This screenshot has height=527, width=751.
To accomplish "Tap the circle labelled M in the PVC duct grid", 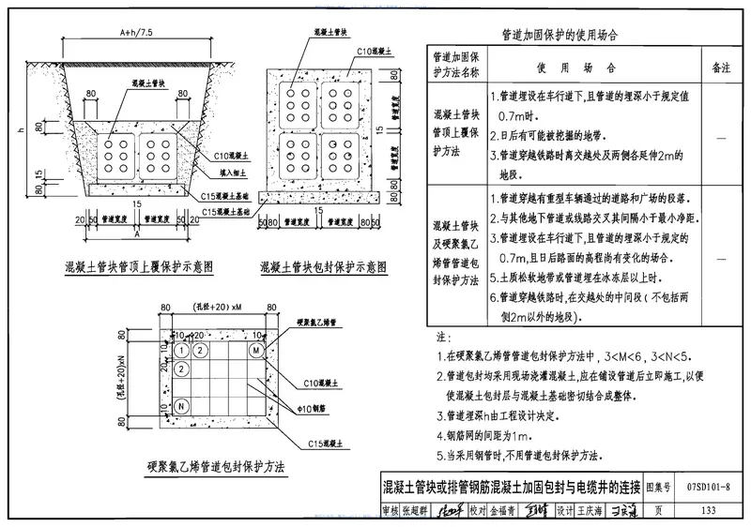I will (x=255, y=350).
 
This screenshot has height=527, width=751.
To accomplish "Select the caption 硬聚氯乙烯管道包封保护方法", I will (x=215, y=466).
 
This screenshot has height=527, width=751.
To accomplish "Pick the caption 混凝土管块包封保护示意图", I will (x=325, y=266).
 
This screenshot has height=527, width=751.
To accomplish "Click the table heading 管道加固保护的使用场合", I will (x=560, y=34).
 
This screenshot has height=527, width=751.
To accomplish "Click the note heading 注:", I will (x=444, y=336).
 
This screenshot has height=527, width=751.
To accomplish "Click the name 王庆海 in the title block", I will (x=594, y=510).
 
